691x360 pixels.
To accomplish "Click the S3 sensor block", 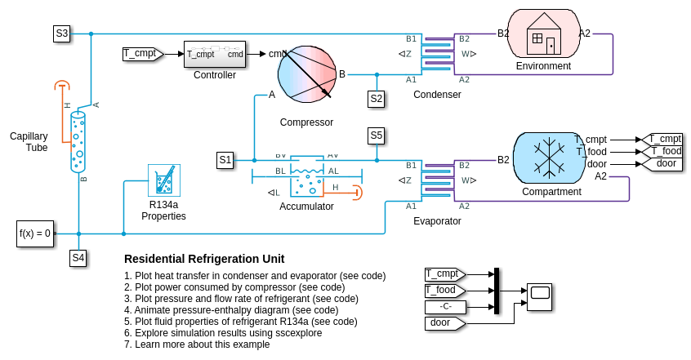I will click(62, 33).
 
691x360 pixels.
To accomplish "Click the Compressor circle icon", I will click(307, 74).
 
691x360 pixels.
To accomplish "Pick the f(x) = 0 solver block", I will click(35, 233).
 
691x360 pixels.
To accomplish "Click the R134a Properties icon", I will click(163, 180).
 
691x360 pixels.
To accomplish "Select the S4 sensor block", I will click(78, 258).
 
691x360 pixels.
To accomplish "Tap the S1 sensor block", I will click(225, 160).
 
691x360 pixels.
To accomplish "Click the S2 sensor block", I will click(376, 99).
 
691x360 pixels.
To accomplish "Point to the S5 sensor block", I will click(376, 135).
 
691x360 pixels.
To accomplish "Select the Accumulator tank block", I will click(306, 176).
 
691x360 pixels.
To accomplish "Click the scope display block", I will click(539, 296).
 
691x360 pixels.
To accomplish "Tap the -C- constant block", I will click(444, 307).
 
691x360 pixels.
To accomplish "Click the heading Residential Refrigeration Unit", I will click(204, 259).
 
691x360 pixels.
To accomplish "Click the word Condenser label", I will click(437, 95).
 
